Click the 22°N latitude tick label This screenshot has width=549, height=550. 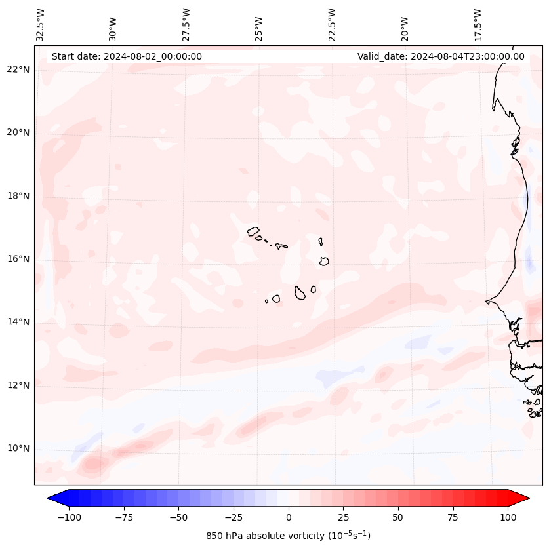tap(18, 69)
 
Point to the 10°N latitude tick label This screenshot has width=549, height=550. tap(18, 448)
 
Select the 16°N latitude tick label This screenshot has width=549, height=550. tap(18, 259)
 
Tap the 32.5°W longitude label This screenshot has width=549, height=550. tap(41, 25)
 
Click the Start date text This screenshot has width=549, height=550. tap(127, 56)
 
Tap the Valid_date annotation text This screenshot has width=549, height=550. tap(441, 56)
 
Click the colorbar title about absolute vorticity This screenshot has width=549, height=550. tap(288, 536)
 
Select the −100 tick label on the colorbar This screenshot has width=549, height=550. tap(69, 517)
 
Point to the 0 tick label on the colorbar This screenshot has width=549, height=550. tap(288, 517)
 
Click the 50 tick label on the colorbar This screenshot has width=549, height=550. tap(397, 517)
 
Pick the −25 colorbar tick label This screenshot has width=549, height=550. tap(233, 517)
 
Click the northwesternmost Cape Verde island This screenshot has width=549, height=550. tap(253, 231)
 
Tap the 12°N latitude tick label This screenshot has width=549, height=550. tap(18, 385)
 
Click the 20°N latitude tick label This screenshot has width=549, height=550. tap(18, 132)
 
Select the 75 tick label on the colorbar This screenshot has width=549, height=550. tap(453, 517)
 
